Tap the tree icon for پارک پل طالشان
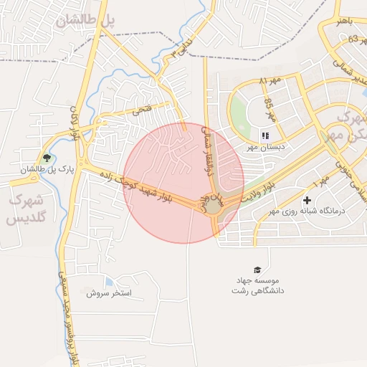[47, 158]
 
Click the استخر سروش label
[110, 293]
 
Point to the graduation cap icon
[257, 267]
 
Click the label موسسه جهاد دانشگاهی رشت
[257, 286]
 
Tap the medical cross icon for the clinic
[308, 200]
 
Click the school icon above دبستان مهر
[265, 135]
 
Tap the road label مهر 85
[269, 109]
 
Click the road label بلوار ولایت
[259, 191]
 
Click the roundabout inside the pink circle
[214, 206]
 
